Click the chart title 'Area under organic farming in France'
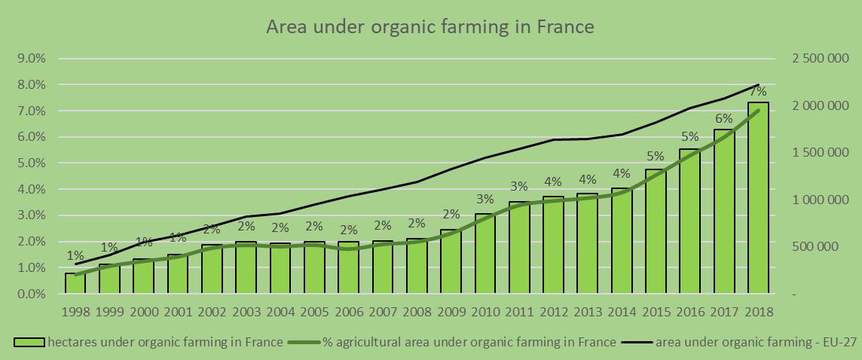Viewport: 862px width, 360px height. coord(430,27)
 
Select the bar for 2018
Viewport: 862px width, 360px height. coord(758,197)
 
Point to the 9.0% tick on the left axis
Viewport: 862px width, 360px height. coord(31,59)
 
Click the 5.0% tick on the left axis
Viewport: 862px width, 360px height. coord(31,163)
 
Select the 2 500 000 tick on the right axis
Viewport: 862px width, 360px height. coord(819,59)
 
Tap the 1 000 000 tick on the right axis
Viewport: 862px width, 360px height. coord(819,200)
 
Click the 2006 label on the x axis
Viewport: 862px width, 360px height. coord(348,311)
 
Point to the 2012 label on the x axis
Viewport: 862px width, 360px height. coord(553,311)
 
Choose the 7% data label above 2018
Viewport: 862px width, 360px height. coord(758,92)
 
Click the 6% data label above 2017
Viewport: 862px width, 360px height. coord(724,118)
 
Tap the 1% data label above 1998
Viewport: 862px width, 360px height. coord(75,255)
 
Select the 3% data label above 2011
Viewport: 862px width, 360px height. coord(518,186)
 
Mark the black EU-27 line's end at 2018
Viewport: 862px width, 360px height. coord(758,85)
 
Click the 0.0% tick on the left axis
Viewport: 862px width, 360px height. coord(31,294)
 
